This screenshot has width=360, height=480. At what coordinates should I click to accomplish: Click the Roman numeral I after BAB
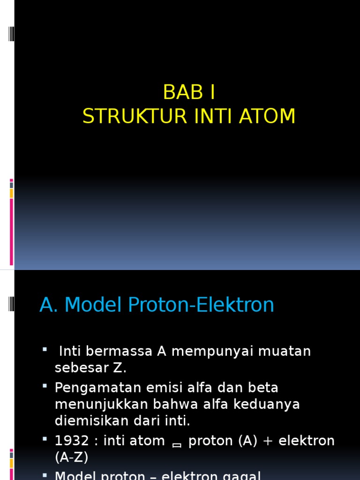point(212,92)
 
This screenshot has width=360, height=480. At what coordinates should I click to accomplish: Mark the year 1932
point(72,441)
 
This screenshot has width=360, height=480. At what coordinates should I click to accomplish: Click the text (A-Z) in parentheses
point(71,457)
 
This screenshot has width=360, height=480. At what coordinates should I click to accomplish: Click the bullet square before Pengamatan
point(45,386)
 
